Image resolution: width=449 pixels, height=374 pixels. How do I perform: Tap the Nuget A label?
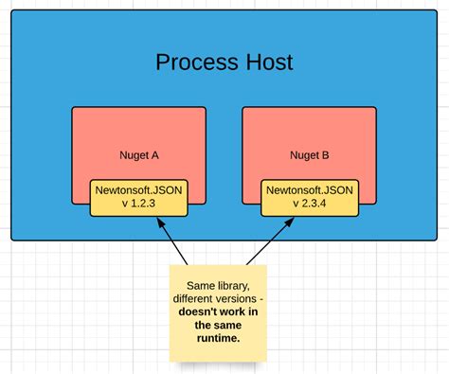pyautogui.click(x=139, y=154)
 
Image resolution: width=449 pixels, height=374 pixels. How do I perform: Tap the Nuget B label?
pyautogui.click(x=309, y=154)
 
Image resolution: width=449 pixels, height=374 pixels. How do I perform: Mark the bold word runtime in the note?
pyautogui.click(x=217, y=336)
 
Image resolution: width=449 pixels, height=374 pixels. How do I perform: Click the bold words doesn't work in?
pyautogui.click(x=217, y=312)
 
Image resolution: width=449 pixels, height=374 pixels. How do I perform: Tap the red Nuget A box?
pyautogui.click(x=139, y=133)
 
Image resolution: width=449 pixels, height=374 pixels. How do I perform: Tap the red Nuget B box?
pyautogui.click(x=309, y=133)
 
